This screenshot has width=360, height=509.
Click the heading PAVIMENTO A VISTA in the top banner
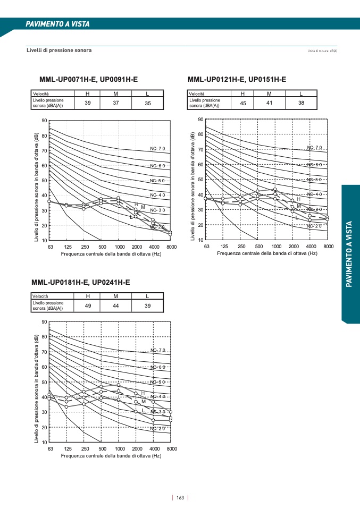[58, 24]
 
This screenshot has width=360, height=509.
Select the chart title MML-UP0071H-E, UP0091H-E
[88, 80]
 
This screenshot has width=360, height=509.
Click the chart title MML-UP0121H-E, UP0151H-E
[237, 80]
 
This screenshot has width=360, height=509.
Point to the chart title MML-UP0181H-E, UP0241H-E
[80, 282]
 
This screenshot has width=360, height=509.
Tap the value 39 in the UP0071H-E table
[88, 103]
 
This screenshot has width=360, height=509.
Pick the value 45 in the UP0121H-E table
[243, 103]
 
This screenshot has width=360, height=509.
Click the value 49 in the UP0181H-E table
[88, 306]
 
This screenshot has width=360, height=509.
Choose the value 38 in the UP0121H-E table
[301, 103]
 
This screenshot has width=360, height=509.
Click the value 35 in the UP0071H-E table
[148, 103]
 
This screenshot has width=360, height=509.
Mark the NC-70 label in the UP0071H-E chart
[158, 148]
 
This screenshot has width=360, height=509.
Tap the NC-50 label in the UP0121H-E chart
[315, 180]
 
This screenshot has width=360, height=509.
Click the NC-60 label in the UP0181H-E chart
[158, 367]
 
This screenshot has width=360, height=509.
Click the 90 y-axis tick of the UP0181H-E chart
[44, 322]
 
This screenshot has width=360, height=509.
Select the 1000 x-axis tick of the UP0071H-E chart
[119, 247]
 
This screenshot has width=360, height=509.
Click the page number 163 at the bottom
[180, 498]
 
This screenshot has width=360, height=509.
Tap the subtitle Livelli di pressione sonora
[59, 50]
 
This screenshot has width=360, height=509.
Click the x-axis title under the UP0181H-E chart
[111, 456]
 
